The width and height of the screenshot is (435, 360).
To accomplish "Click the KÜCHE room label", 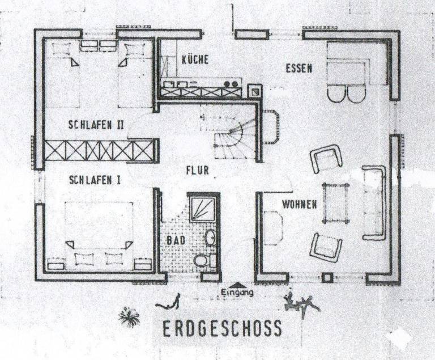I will coord(195,59).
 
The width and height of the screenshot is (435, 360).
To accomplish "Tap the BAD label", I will coord(175,240).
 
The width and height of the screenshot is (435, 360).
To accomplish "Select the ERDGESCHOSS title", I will coord(221,328).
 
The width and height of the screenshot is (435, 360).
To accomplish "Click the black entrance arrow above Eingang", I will coord(237,285).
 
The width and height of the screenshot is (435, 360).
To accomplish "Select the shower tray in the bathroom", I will coord(203,211).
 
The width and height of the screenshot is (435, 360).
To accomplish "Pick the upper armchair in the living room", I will coord(326,158).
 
